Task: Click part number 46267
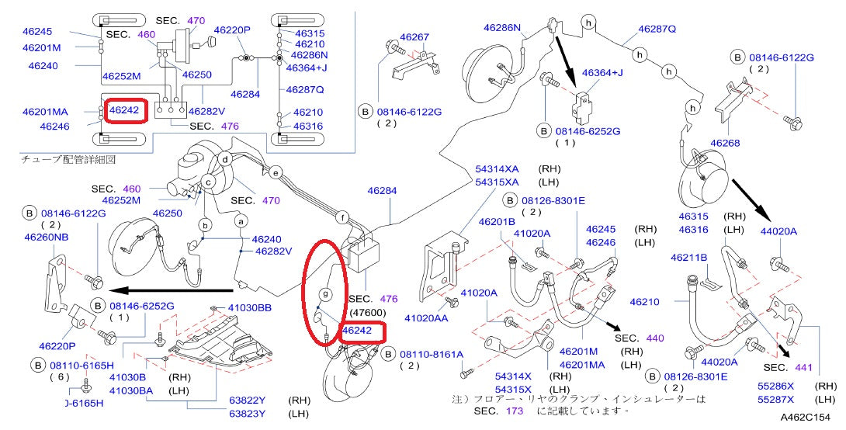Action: coord(414,36)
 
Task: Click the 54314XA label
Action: coord(497,168)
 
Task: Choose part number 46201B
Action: coord(497,222)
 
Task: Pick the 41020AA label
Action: coord(426,318)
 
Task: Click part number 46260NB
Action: coord(47,238)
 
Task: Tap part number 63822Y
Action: coord(247,401)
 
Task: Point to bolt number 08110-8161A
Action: coord(432,354)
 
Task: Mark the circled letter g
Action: coord(326,294)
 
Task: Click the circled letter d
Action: coord(224,161)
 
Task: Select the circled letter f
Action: coord(342,218)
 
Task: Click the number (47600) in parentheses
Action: coord(366,311)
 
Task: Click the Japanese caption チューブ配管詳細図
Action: coord(68,158)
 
